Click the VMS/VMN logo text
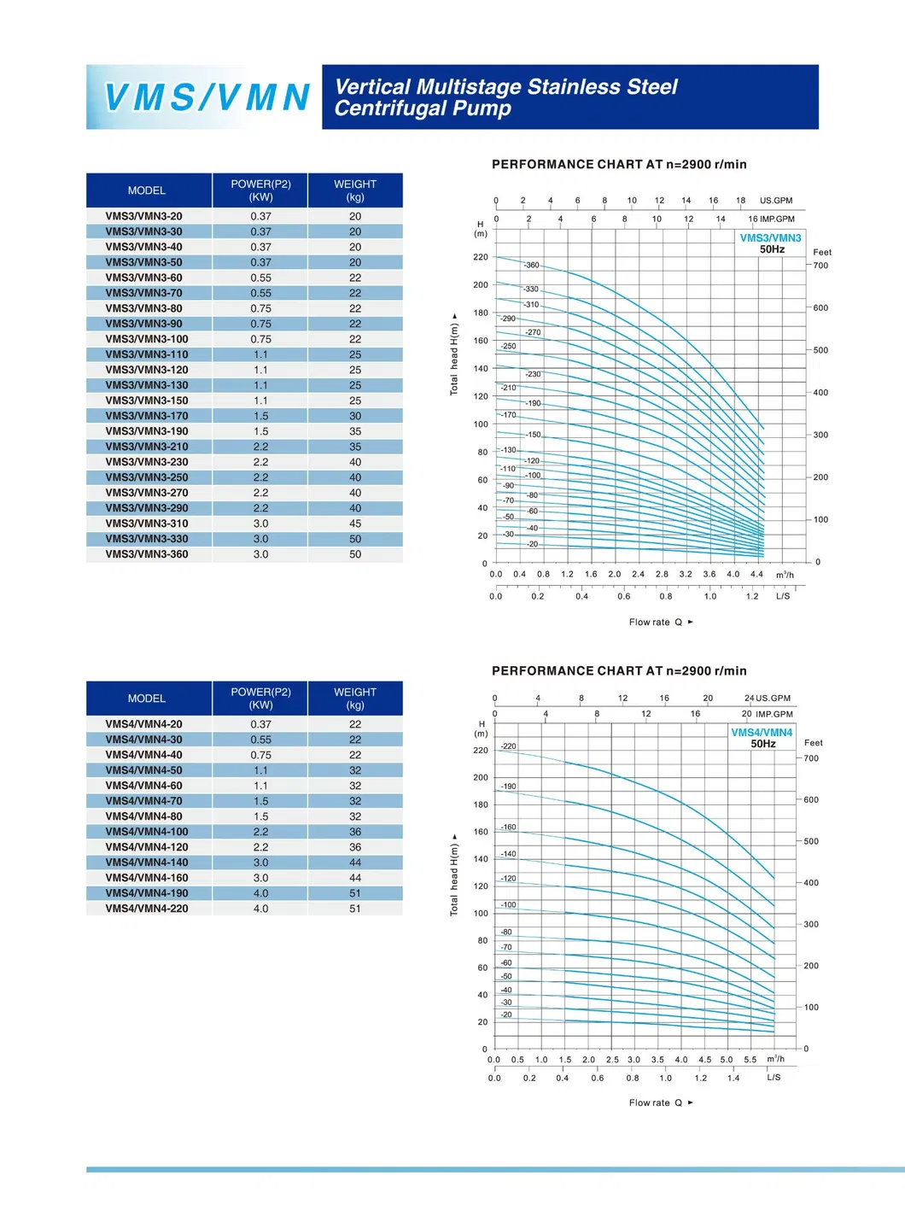[206, 97]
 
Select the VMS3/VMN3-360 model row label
[147, 554]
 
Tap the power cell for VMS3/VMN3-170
[260, 416]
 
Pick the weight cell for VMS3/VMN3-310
[355, 523]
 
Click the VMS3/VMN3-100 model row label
[147, 339]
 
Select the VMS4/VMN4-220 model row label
[147, 909]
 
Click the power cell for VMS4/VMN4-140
[260, 863]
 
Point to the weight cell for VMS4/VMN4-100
[355, 832]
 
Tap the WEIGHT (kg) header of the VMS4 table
[355, 699]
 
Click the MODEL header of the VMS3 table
[147, 190]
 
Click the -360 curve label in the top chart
[531, 266]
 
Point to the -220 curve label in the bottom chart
[508, 746]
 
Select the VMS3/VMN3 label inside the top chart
[770, 238]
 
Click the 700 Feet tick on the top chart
[820, 266]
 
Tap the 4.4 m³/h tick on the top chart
[756, 574]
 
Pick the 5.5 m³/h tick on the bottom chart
[750, 1060]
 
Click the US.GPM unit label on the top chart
[776, 201]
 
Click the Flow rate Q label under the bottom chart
[656, 1102]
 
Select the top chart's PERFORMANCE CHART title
[619, 165]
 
